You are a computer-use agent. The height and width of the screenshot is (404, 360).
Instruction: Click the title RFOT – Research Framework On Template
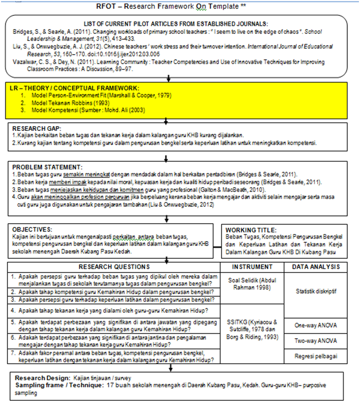(x=180, y=7)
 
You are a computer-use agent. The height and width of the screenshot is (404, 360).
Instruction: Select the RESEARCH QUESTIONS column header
(x=114, y=267)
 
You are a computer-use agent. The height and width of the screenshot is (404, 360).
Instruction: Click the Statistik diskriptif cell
(x=318, y=291)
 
